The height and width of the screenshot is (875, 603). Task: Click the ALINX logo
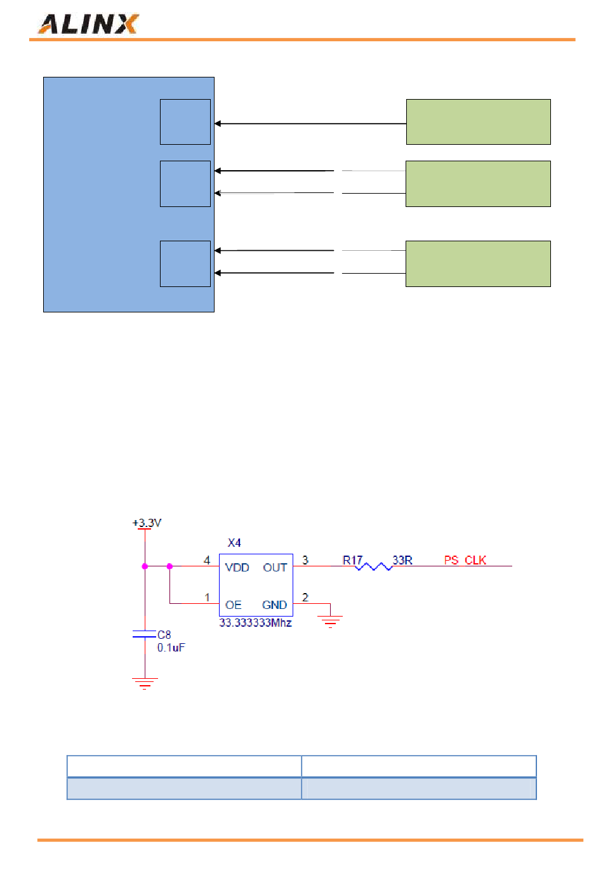[x=88, y=24]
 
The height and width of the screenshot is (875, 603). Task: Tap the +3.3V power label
[x=147, y=522]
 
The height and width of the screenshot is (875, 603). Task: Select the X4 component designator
[x=234, y=542]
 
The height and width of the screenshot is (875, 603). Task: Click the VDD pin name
[x=237, y=567]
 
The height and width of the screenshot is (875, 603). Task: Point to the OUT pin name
[x=275, y=567]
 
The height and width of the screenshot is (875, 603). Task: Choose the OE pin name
[x=233, y=604]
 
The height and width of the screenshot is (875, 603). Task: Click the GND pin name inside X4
[x=274, y=604]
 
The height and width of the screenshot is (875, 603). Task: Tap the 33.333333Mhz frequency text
[x=255, y=622]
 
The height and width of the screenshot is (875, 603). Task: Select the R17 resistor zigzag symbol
[x=373, y=566]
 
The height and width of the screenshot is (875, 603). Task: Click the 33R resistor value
[x=402, y=560]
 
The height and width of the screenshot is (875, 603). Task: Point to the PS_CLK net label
[x=465, y=560]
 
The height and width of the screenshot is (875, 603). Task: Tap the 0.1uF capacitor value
[x=171, y=648]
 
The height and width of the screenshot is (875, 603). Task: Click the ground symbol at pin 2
[x=330, y=622]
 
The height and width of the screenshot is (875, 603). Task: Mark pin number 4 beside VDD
[x=206, y=560]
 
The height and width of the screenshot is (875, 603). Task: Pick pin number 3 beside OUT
[x=305, y=560]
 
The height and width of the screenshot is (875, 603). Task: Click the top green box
[x=479, y=122]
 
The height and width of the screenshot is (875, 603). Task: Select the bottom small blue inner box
[x=185, y=264]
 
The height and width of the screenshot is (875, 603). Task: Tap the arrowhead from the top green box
[x=218, y=123]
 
